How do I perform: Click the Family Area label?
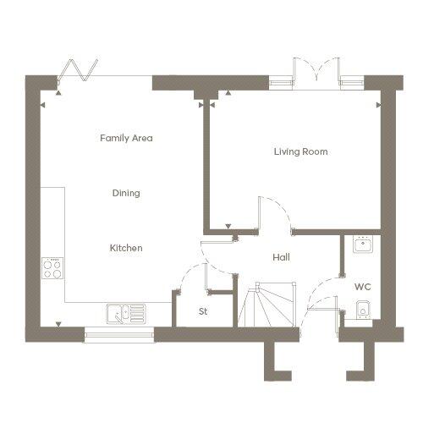126,138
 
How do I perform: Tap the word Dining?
126,193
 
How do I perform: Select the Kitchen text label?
126,248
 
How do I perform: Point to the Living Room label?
301,151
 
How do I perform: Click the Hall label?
281,257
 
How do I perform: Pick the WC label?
363,287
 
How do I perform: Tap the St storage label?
203,311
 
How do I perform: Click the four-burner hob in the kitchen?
52,268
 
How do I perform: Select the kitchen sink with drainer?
127,314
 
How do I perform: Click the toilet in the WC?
363,310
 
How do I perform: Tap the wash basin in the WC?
363,244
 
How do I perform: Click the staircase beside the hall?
266,305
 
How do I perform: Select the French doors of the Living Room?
316,70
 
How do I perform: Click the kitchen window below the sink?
119,335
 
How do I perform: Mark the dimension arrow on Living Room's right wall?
378,105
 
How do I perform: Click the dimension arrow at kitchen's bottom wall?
58,324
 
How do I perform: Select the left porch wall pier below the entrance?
274,361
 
